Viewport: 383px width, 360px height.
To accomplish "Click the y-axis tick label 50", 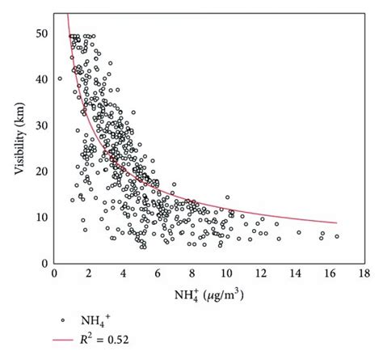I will tap(40, 34).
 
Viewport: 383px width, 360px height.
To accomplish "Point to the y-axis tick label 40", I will tap(40, 79).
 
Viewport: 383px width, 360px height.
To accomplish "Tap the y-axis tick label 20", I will tap(40, 172).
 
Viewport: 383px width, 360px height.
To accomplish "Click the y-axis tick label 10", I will tap(40, 218).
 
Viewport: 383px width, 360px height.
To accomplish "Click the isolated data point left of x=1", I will tap(59, 78).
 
